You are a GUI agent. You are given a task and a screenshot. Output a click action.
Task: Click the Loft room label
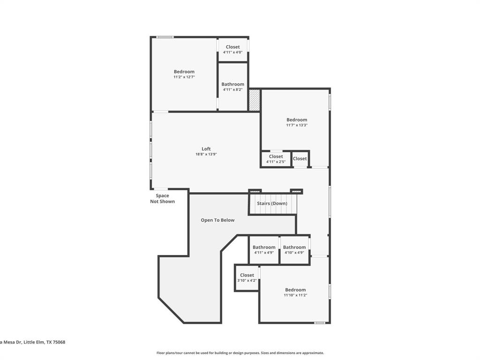click(x=206, y=149)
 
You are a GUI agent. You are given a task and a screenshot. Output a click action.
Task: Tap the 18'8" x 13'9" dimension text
click(x=206, y=154)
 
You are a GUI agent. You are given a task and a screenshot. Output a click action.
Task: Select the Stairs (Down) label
click(x=272, y=203)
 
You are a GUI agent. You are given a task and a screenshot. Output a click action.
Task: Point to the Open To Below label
click(x=217, y=220)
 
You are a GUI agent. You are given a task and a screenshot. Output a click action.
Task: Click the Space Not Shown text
click(x=162, y=199)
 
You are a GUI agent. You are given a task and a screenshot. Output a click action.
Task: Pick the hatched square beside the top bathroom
click(x=254, y=100)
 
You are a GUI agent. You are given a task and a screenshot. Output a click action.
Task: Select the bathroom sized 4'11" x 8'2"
click(x=232, y=87)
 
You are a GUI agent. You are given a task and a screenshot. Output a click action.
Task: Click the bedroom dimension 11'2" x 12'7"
click(x=184, y=77)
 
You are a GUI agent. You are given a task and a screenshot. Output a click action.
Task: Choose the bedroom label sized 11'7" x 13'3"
click(x=297, y=120)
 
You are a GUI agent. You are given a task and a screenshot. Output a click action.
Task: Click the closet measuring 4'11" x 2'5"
click(x=276, y=159)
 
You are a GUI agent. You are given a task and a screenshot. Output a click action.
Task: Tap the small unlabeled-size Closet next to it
click(x=300, y=158)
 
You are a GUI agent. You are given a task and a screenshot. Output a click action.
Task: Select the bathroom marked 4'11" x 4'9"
click(x=264, y=250)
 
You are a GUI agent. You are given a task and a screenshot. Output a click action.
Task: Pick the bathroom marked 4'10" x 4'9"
click(x=294, y=250)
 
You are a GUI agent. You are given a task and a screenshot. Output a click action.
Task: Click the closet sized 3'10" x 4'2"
click(x=247, y=278)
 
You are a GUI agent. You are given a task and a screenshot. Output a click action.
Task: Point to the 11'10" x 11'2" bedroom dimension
click(x=295, y=295)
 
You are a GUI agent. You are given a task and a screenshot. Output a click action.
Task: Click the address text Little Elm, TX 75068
click(x=32, y=342)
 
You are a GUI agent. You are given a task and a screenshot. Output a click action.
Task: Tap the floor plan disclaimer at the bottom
click(x=240, y=353)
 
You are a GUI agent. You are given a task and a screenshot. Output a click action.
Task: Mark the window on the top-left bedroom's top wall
click(x=165, y=37)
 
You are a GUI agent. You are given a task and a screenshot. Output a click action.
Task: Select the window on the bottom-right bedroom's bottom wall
click(x=320, y=322)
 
